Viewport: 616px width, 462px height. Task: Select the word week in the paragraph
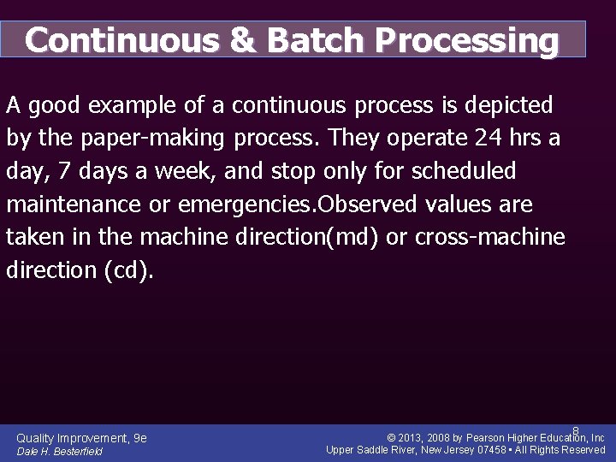(x=185, y=171)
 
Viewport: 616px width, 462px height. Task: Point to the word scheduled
(x=464, y=171)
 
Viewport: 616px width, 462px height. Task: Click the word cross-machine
(x=489, y=237)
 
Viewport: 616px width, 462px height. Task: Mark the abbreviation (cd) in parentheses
(x=128, y=269)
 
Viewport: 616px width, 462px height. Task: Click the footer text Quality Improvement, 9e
(x=81, y=437)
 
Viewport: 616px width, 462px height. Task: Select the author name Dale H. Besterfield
(x=59, y=451)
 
